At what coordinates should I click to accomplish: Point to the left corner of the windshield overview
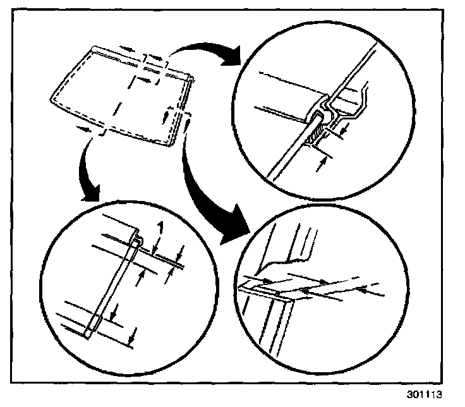pyautogui.click(x=51, y=99)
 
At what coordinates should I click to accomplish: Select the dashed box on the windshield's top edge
pyautogui.click(x=155, y=61)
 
